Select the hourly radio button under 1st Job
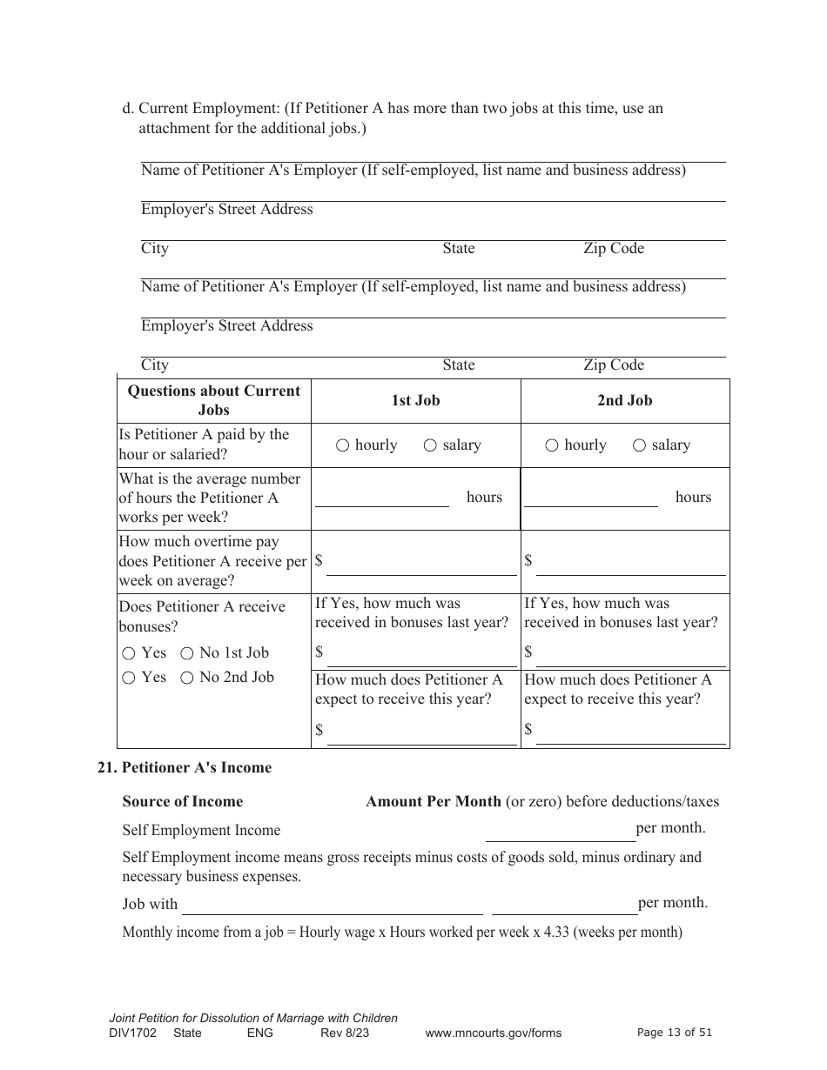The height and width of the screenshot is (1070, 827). (x=342, y=445)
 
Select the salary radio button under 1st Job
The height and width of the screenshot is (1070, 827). (x=430, y=445)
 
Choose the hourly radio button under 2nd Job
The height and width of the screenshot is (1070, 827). (x=552, y=445)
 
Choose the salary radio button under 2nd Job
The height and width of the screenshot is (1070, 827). (x=639, y=445)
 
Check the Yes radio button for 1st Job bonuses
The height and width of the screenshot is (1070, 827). (x=129, y=653)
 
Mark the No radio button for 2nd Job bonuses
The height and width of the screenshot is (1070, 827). (x=186, y=678)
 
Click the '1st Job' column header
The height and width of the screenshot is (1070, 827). (x=415, y=400)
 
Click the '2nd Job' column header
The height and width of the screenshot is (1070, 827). (x=624, y=400)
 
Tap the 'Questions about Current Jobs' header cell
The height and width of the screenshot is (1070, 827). (x=213, y=400)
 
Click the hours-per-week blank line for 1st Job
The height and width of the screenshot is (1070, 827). (x=381, y=498)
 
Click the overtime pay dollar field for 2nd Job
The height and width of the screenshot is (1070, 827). (x=630, y=566)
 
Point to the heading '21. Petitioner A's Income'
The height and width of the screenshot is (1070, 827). (x=184, y=767)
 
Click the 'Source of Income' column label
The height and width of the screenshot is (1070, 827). (x=183, y=801)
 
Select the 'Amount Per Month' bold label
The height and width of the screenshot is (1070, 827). (x=433, y=801)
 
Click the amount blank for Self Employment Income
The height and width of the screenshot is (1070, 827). (x=560, y=833)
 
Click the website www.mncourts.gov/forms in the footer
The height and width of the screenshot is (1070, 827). (x=493, y=1033)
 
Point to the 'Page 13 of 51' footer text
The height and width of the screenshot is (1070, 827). (x=675, y=1033)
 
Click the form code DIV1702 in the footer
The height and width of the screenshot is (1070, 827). (x=133, y=1033)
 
